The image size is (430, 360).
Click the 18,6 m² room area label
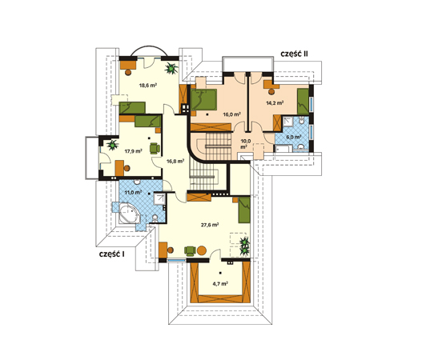click(148, 86)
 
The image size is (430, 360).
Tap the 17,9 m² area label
click(134, 151)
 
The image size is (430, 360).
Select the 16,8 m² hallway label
click(175, 162)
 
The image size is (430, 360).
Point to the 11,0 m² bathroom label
click(133, 192)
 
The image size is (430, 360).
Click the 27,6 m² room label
click(210, 226)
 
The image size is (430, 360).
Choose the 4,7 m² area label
click(220, 284)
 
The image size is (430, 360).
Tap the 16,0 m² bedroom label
click(232, 114)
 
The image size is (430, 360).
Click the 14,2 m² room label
click(275, 103)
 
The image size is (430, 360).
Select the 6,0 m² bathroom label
click(294, 137)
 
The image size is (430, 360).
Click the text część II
click(294, 54)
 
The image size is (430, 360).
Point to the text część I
click(111, 254)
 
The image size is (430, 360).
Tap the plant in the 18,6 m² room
click(171, 68)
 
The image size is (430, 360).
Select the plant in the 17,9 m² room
click(112, 145)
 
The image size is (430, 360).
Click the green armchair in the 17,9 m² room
click(155, 148)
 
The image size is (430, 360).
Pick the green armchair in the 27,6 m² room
click(190, 250)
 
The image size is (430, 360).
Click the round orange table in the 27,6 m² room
click(202, 250)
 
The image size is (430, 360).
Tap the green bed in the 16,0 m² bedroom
click(203, 100)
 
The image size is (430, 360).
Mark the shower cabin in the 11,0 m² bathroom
click(159, 199)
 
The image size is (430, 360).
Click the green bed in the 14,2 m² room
click(303, 102)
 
